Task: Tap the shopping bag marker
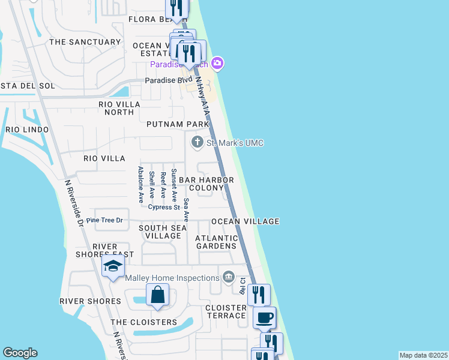[x=157, y=295]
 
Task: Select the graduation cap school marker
[x=113, y=267]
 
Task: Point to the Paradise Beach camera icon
[x=217, y=63]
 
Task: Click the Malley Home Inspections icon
[x=228, y=277]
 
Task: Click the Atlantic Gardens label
[x=216, y=242]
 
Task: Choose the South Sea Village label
[x=160, y=232]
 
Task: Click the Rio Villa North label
[x=119, y=108]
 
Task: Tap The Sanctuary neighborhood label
[x=85, y=42]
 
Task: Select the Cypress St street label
[x=164, y=208]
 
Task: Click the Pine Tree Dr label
[x=104, y=220]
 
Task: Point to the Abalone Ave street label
[x=140, y=182]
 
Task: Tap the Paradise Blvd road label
[x=169, y=80]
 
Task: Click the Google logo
[x=20, y=353]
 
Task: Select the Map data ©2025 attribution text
[x=424, y=355]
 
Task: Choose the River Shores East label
[x=115, y=251]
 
